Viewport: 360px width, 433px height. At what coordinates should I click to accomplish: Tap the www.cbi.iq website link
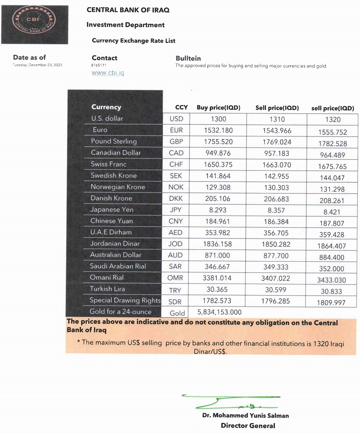[108, 72]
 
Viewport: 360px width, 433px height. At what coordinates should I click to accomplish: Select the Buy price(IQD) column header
[218, 108]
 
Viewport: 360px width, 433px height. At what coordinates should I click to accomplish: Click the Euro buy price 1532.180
[218, 130]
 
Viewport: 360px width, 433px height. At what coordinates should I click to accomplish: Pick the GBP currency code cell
[176, 141]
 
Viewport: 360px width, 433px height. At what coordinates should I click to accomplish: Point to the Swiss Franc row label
[108, 164]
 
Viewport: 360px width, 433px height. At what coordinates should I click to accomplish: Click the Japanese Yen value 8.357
[277, 210]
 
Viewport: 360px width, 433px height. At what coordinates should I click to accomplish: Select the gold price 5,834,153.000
[220, 312]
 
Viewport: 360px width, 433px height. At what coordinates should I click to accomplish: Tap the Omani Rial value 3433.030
[332, 280]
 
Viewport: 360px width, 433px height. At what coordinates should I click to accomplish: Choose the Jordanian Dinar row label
[115, 244]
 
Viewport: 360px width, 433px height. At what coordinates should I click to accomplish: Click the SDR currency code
[176, 301]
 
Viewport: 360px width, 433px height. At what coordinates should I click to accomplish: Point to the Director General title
[247, 425]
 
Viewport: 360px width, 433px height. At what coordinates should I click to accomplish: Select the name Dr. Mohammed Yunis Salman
[245, 415]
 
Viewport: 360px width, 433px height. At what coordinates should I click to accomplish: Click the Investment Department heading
[126, 25]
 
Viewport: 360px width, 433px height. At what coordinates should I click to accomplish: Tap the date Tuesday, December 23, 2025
[37, 65]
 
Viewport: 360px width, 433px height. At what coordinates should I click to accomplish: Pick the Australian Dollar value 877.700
[277, 255]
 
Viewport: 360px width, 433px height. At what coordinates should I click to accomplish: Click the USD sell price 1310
[277, 119]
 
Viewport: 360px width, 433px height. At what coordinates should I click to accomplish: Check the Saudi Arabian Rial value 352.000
[332, 269]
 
